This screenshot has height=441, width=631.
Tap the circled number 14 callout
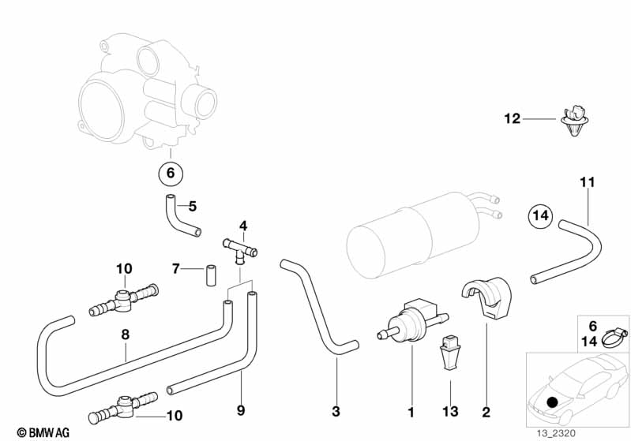(x=541, y=215)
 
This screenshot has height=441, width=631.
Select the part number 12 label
(x=513, y=119)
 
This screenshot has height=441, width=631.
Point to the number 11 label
(x=587, y=183)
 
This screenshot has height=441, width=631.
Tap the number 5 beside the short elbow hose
(x=192, y=207)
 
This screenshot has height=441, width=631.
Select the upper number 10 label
(x=124, y=269)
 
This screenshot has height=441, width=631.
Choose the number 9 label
(x=240, y=410)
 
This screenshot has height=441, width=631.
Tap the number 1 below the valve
(x=411, y=411)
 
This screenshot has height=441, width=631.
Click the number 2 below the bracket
(x=486, y=411)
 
